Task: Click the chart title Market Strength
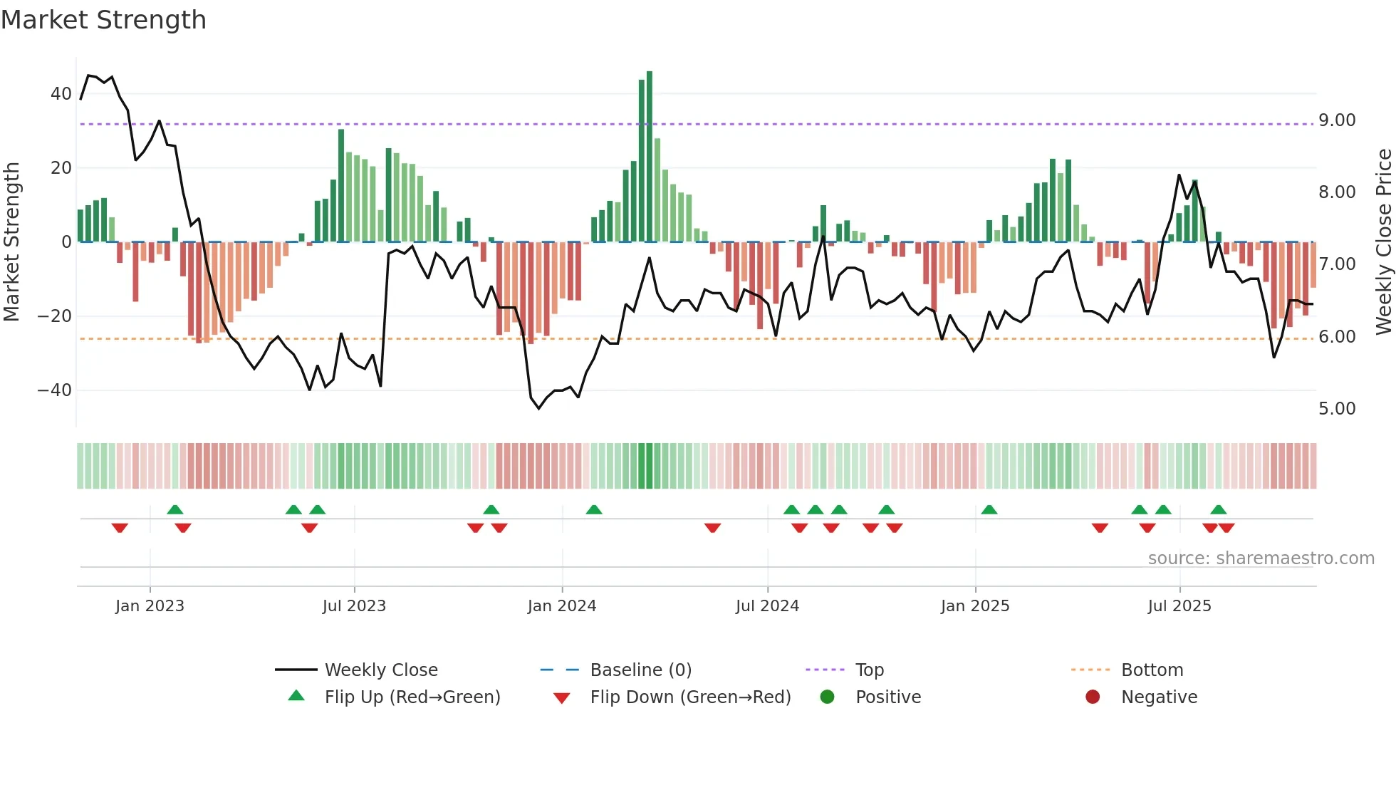point(103,20)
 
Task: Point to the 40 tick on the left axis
point(61,94)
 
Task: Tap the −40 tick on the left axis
point(55,390)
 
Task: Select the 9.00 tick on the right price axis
point(1337,120)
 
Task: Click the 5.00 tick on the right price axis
point(1337,409)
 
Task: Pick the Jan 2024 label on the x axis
point(561,606)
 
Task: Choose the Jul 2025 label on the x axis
point(1179,606)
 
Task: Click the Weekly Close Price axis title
point(1383,242)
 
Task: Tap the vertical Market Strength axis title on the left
point(11,242)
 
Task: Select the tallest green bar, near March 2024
point(649,157)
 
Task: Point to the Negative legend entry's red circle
point(1093,697)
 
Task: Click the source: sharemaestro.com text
point(1261,558)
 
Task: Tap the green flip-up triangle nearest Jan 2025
point(989,510)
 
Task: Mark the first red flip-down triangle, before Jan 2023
point(120,528)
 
